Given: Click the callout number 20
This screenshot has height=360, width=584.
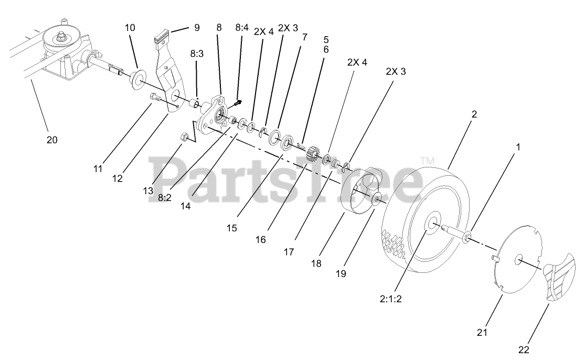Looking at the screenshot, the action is (x=51, y=140).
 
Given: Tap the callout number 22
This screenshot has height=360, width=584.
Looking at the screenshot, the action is (x=523, y=350).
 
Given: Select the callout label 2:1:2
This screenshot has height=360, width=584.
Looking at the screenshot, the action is (x=395, y=300).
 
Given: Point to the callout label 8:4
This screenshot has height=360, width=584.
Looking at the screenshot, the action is (x=241, y=27).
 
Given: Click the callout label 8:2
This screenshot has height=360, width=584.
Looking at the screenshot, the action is (x=164, y=198).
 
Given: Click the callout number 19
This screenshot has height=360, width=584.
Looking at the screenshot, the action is (x=341, y=273).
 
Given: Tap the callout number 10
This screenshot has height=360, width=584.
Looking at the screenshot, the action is (x=130, y=27).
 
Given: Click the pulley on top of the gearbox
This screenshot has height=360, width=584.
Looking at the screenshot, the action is (x=62, y=37).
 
